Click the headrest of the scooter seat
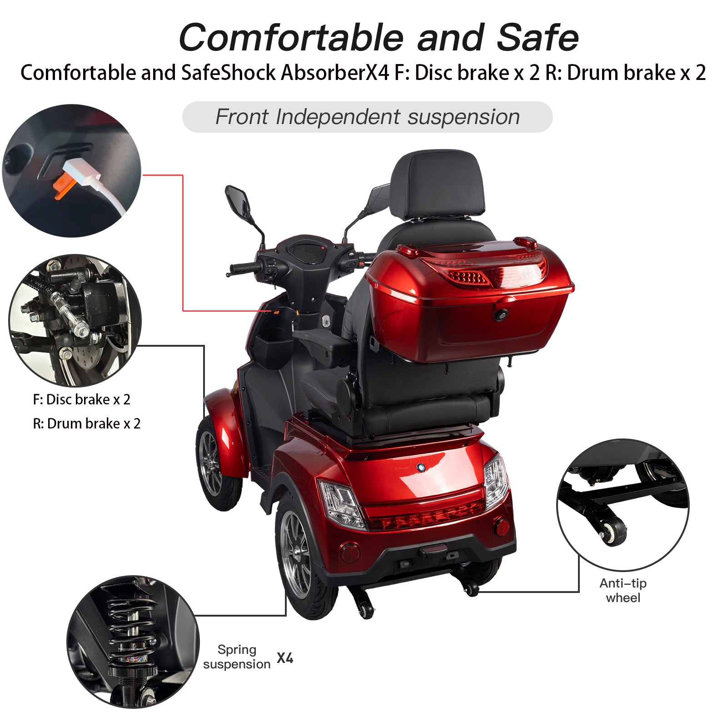click(x=437, y=184)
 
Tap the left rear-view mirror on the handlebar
click(x=238, y=204)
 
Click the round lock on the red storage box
click(x=501, y=314)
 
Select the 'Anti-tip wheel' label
click(x=622, y=590)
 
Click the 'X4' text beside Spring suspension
click(x=285, y=657)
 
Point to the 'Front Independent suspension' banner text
click(x=367, y=117)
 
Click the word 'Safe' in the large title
click(x=538, y=38)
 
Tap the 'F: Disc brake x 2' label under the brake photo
click(x=82, y=399)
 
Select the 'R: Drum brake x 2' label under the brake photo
click(x=87, y=423)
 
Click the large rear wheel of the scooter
click(x=300, y=559)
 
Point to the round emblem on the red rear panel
click(x=421, y=467)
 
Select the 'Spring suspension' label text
click(x=237, y=657)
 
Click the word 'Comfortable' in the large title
click(x=291, y=38)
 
